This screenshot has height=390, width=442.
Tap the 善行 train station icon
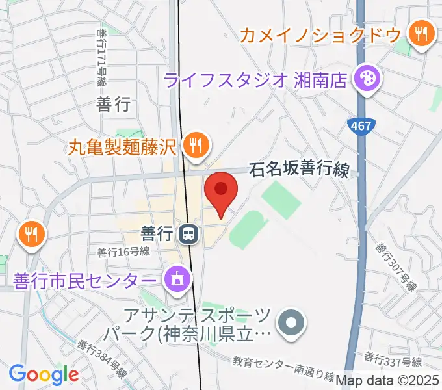pos(188,233)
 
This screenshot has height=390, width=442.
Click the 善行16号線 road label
pos(124,251)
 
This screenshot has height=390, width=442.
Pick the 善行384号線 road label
pos(102,359)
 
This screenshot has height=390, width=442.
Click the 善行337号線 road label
pos(393,359)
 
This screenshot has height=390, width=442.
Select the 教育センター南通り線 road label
pos(283,367)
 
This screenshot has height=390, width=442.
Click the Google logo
pos(44,374)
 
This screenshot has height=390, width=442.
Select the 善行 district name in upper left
pos(114,103)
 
